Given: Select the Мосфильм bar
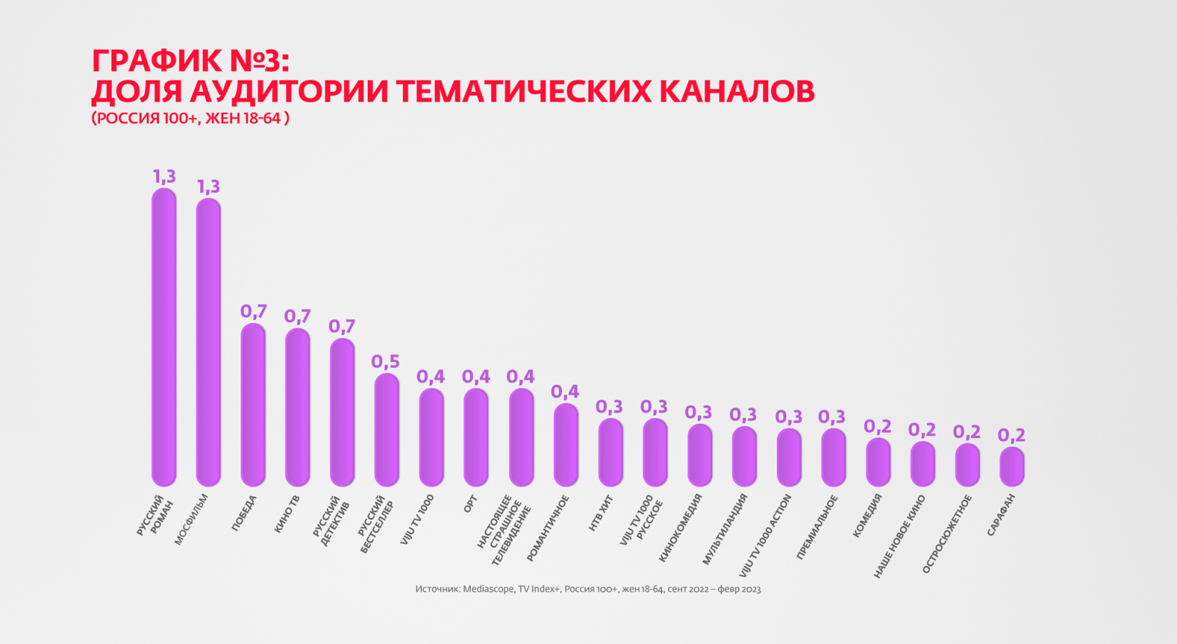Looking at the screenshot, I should (x=208, y=342).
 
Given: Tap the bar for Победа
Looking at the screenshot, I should (x=253, y=404).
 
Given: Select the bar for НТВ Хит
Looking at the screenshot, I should (x=611, y=452).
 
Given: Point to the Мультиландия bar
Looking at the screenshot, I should (x=744, y=456).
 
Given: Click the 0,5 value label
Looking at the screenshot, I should (x=385, y=361).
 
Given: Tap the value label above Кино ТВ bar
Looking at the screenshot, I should (x=297, y=316).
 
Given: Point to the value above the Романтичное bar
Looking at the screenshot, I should (x=565, y=392).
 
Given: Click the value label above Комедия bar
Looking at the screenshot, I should (x=878, y=427).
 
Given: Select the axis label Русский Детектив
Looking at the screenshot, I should (x=331, y=521).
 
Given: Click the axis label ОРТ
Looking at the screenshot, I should (x=471, y=504).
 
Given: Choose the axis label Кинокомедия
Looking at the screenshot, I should (x=680, y=528).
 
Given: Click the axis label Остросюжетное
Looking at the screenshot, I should (x=947, y=534).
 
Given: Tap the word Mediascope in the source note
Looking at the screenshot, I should (x=488, y=589).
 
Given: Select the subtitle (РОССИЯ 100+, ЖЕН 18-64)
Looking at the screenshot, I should (x=191, y=118).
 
